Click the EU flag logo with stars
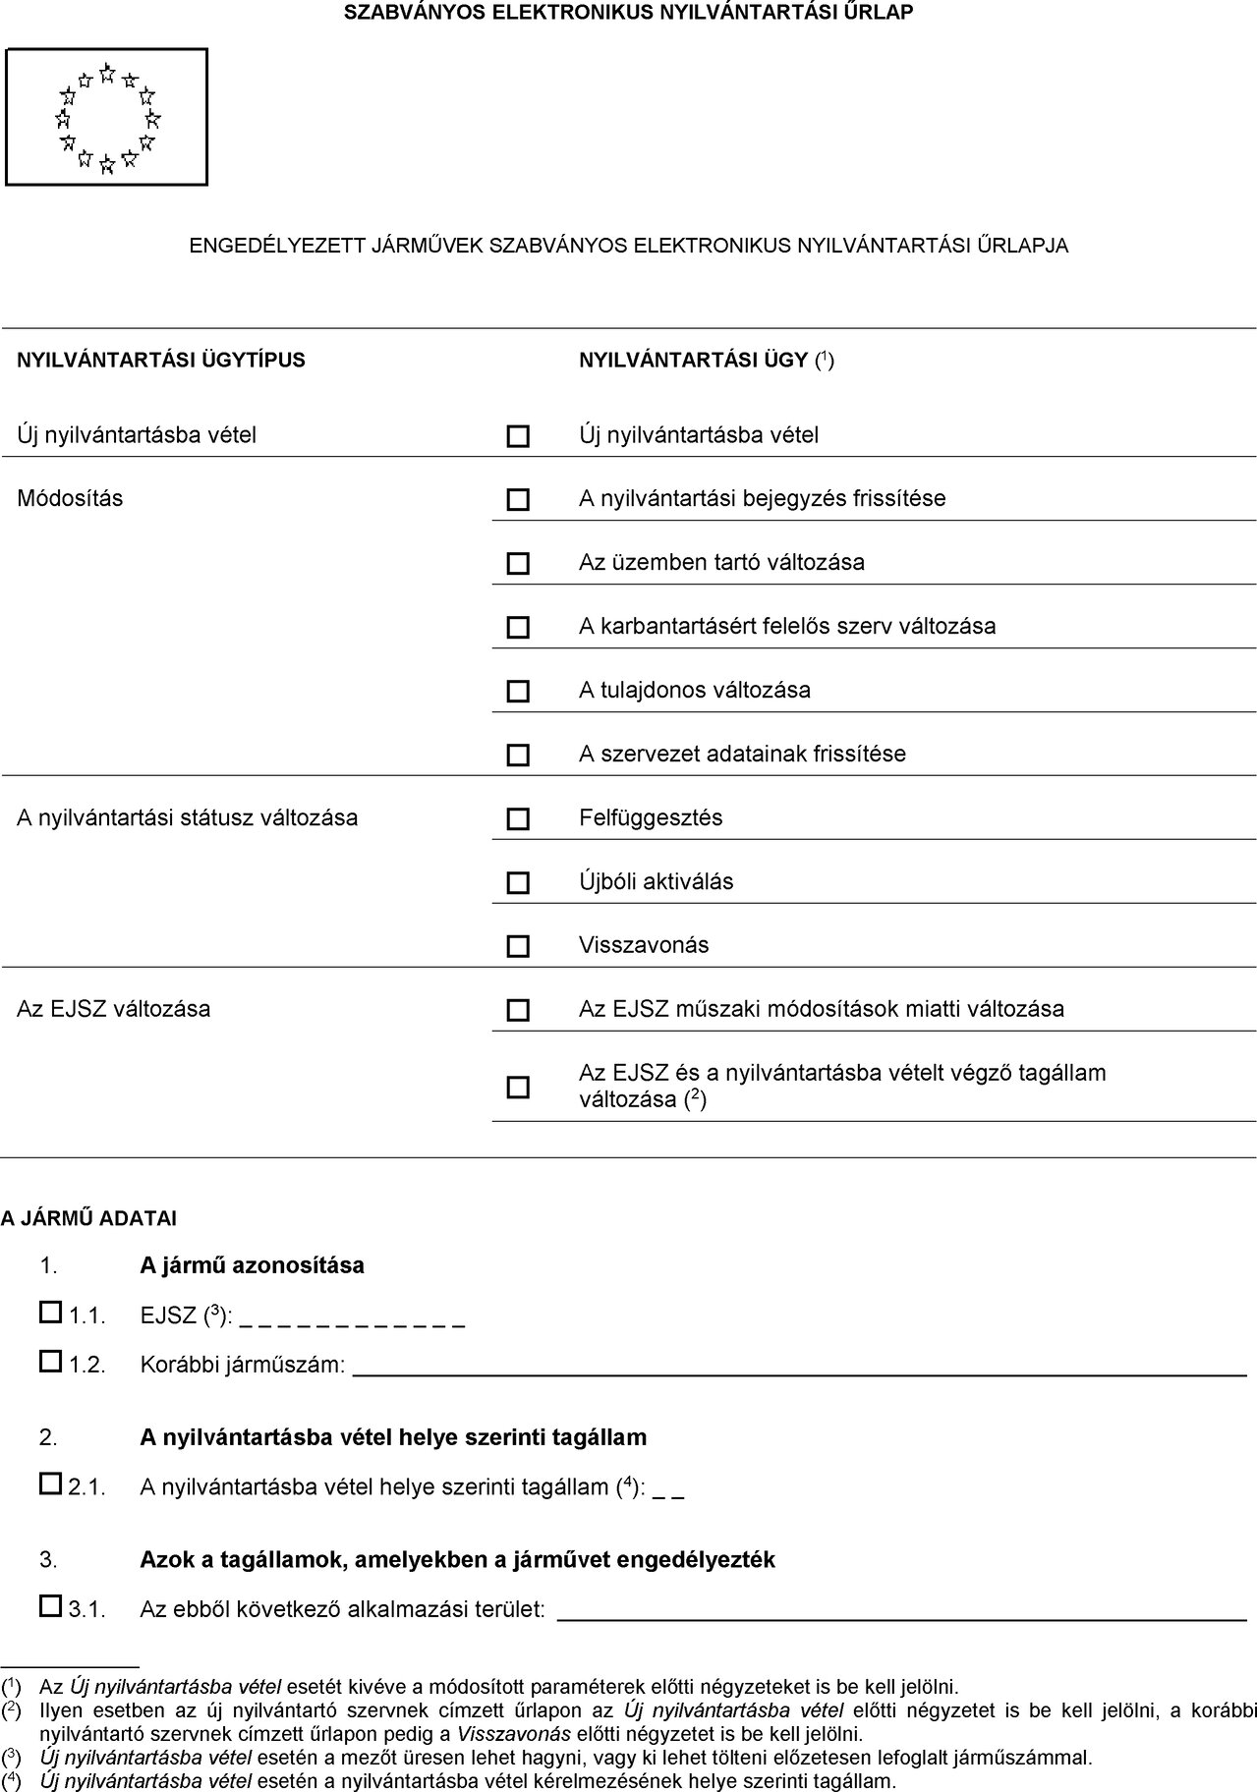[x=107, y=117]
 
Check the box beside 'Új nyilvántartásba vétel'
[x=517, y=436]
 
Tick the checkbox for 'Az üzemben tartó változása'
[x=517, y=564]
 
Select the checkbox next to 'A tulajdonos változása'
[x=517, y=692]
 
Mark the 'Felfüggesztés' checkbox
[x=517, y=819]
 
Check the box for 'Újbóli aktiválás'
[x=517, y=883]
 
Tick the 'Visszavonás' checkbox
[x=517, y=946]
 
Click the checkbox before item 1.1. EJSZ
[x=50, y=1312]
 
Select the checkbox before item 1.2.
[x=50, y=1361]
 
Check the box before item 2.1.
[x=50, y=1484]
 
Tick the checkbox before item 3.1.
[x=50, y=1606]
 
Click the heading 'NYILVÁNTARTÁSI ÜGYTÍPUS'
[x=161, y=360]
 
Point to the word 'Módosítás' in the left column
[x=71, y=498]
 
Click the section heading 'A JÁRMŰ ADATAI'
[x=88, y=1219]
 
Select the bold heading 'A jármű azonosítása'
[x=252, y=1265]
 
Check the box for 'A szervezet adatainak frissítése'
[x=517, y=756]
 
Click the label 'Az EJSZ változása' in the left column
[x=114, y=1009]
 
